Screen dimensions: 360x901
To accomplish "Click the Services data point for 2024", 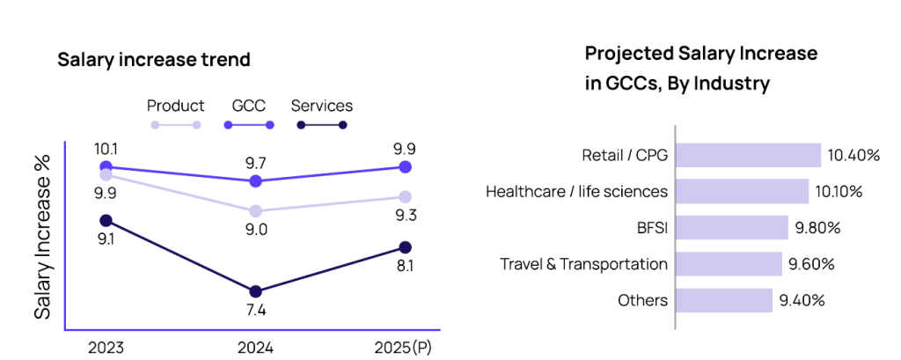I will click(x=255, y=291).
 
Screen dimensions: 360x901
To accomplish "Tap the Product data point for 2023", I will click(x=106, y=175).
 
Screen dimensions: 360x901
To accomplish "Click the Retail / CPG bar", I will click(x=748, y=156).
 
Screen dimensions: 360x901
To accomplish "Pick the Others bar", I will click(x=723, y=300).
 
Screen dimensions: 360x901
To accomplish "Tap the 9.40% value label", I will click(x=802, y=300).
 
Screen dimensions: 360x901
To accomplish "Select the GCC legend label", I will click(x=248, y=107).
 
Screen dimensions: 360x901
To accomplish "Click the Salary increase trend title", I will click(x=154, y=60).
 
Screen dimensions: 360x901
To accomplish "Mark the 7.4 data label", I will click(x=255, y=311).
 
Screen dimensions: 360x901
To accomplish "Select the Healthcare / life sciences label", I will click(x=576, y=192).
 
